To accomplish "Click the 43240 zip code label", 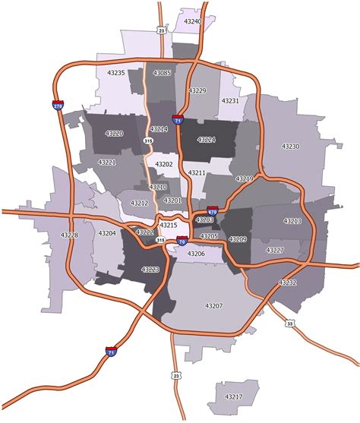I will point(193,22).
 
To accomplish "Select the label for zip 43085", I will point(162,74).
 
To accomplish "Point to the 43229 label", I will point(197,90).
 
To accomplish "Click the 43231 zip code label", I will point(230,100).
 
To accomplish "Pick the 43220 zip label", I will point(112,134).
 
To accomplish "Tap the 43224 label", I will point(206,140).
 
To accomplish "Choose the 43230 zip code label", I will point(290,146).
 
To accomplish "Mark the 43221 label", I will point(106,163).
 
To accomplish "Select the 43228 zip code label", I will point(69,235).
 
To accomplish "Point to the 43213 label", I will point(292,221).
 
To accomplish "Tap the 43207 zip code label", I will point(214,305).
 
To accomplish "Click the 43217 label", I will point(234,396).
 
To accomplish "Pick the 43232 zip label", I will point(288,282).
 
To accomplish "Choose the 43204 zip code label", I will point(106,233).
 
